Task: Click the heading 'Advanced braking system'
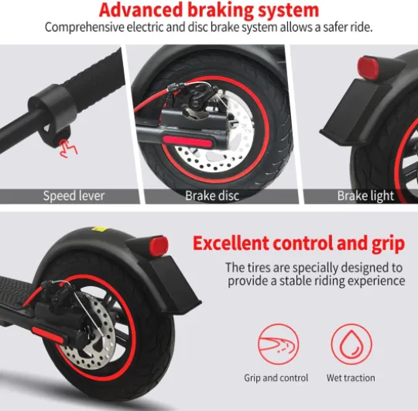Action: click(x=209, y=10)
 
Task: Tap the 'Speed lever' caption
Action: click(x=74, y=195)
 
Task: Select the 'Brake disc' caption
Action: click(x=212, y=195)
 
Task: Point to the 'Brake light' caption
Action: click(x=365, y=195)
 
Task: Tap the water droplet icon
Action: click(x=351, y=344)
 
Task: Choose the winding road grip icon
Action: click(x=279, y=344)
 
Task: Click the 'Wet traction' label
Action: click(x=351, y=378)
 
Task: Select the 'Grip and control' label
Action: click(x=276, y=378)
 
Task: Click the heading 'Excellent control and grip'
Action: click(x=299, y=243)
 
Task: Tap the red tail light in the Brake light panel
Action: click(x=368, y=67)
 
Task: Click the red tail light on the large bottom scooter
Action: click(x=159, y=245)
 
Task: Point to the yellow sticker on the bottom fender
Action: click(x=99, y=229)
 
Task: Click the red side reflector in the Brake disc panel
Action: click(x=187, y=141)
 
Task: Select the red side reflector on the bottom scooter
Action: click(x=48, y=335)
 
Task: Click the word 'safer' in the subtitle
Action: click(x=332, y=27)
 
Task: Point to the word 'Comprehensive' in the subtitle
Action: click(x=84, y=27)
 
